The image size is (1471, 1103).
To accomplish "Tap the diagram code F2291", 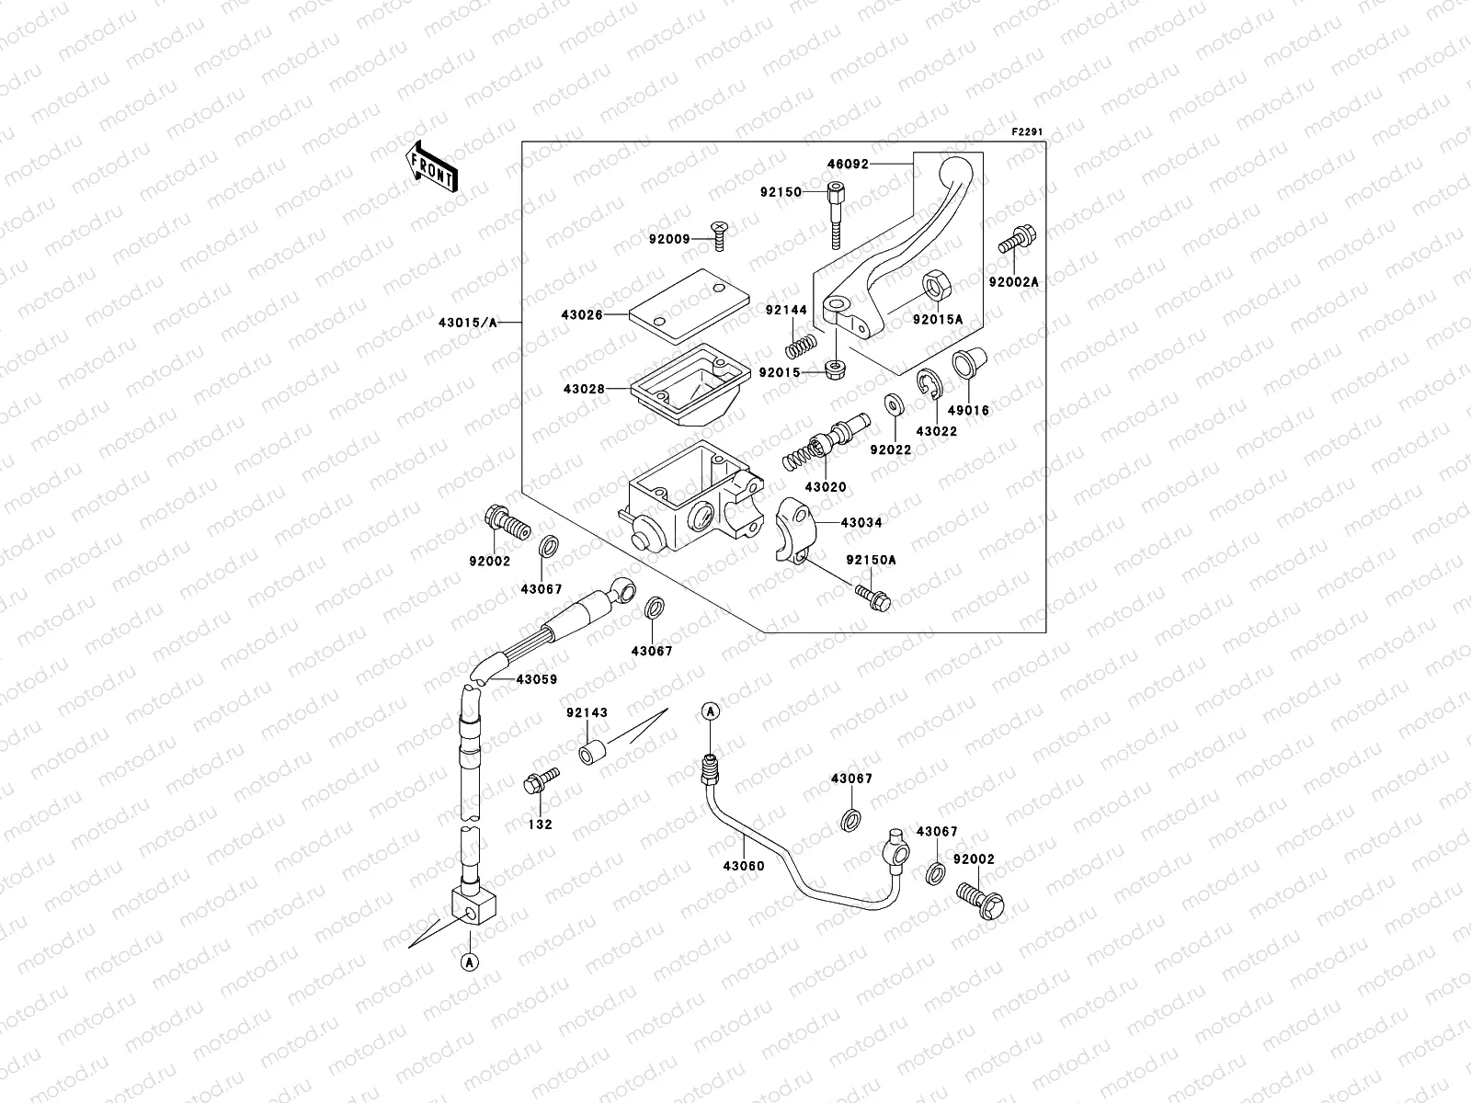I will point(1028,132).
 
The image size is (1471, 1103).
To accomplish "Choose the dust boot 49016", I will point(969,362).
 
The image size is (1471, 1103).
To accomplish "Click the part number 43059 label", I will point(536,680).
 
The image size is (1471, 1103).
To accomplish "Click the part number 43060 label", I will point(743,866).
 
